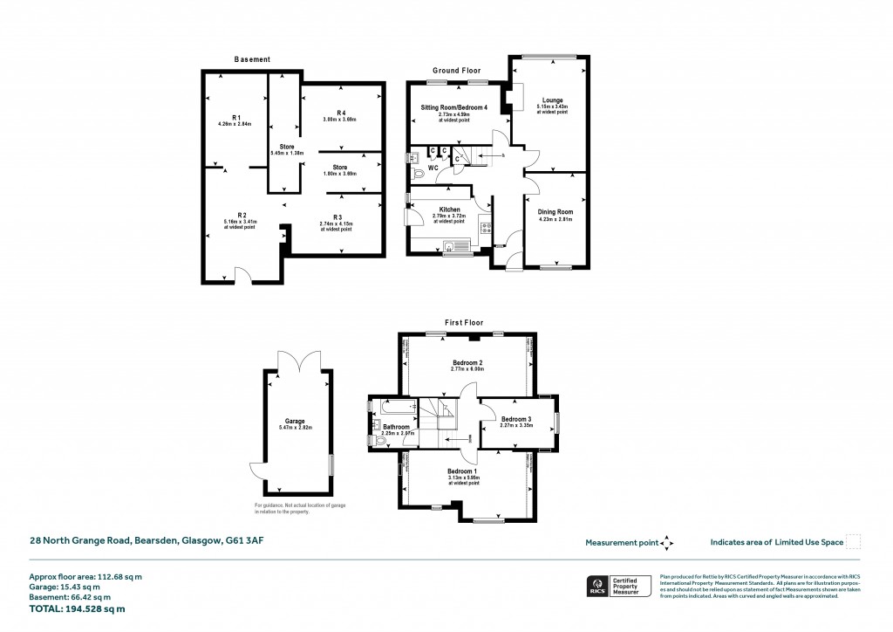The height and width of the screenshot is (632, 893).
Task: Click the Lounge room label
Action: [552, 100]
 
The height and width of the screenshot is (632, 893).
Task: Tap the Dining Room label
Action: [554, 212]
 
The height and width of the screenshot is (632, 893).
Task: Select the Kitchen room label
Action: [449, 210]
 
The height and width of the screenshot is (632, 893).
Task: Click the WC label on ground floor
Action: [433, 168]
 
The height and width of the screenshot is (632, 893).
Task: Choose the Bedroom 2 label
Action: [467, 362]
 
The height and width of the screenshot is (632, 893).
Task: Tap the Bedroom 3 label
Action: [516, 420]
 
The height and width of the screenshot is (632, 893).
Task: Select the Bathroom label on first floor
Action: [397, 427]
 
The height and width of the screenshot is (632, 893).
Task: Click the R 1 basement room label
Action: [236, 117]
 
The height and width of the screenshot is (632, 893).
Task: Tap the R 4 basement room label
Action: [340, 113]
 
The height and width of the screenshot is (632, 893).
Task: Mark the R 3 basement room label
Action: [337, 216]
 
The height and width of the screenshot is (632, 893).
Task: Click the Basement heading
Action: [252, 59]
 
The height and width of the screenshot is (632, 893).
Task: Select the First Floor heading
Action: [464, 323]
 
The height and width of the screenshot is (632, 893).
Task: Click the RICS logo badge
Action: [598, 586]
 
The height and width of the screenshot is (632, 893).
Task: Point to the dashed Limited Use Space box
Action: [854, 542]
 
